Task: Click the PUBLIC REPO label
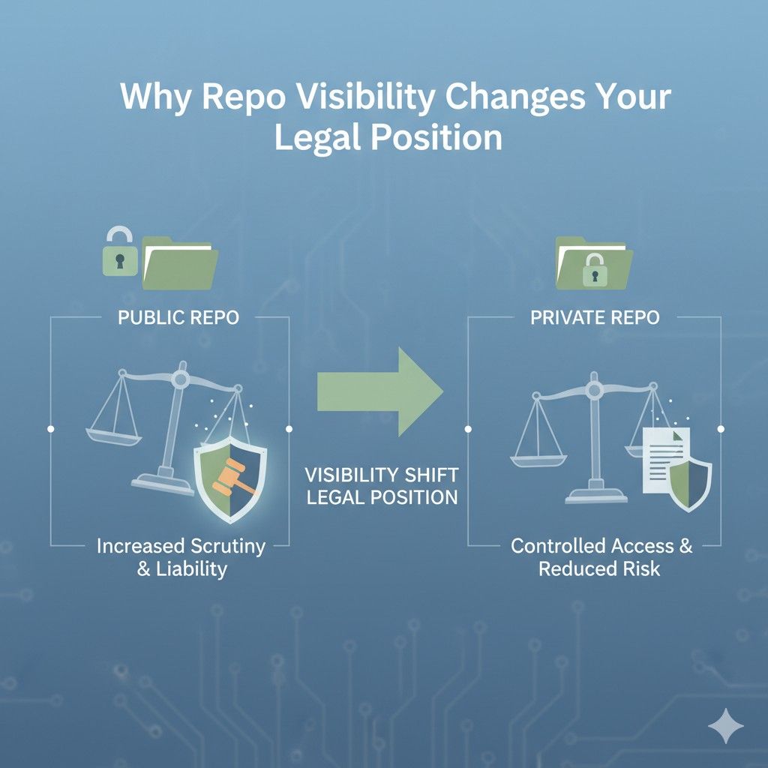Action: coord(178,317)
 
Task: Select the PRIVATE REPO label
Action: coord(595,317)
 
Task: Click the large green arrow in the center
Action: coord(379,390)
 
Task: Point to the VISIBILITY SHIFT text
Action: coord(380,474)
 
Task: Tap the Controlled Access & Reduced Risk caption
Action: coord(601,557)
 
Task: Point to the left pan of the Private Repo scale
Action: coord(537,449)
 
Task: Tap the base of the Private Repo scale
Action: coord(596,495)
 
